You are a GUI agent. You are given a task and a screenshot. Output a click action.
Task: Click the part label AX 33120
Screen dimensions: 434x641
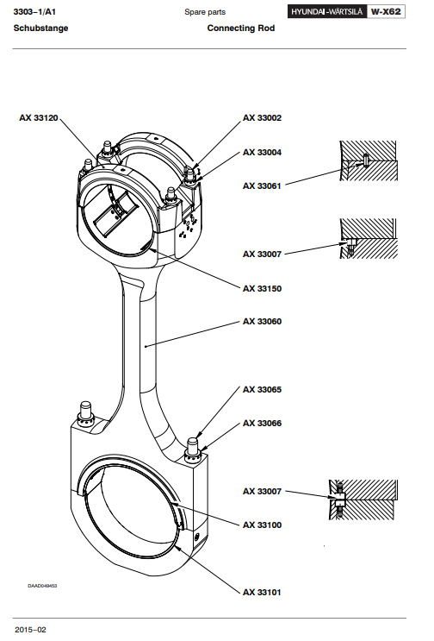39,117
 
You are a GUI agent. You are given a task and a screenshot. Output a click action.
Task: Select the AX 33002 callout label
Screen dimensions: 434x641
263,117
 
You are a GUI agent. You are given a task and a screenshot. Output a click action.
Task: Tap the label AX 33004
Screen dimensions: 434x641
263,152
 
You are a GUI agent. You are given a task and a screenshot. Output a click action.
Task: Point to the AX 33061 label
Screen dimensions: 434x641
263,185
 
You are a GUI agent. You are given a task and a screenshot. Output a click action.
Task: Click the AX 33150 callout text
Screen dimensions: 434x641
263,288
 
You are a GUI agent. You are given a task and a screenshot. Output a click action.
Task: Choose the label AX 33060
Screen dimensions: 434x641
263,321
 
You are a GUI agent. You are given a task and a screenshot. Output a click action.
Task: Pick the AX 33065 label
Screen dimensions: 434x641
263,389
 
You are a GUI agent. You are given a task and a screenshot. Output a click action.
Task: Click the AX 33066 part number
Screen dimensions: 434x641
263,423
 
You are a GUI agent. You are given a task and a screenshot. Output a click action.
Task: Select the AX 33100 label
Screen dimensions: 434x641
263,525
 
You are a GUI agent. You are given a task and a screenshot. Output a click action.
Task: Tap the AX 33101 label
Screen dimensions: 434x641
263,592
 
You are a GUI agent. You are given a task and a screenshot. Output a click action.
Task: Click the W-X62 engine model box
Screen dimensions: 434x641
386,11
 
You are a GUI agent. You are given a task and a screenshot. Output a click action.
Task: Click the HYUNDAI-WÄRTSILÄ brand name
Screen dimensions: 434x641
327,12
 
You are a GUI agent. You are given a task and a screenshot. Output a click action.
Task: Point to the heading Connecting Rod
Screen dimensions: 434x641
240,28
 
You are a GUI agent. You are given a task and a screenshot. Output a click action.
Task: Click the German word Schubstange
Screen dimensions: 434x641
40,28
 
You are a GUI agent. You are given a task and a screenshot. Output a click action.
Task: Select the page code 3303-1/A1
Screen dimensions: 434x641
34,12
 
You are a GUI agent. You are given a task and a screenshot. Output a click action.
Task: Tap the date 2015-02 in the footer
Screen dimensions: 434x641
31,630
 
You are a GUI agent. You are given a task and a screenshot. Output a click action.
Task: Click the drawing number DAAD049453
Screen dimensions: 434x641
42,586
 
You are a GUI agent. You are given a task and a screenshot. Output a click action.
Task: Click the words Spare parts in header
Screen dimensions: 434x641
205,12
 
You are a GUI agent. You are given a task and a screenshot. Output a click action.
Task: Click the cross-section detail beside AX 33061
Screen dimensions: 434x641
369,160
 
